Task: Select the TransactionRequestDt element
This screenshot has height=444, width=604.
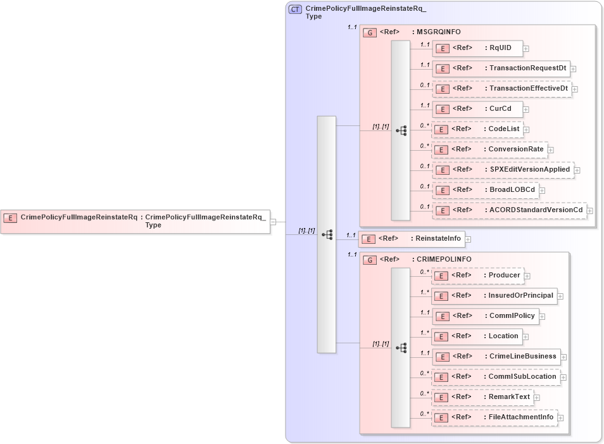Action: pos(501,68)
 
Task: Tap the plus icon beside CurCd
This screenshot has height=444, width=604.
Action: pos(526,110)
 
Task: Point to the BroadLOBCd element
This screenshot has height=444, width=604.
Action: pos(484,190)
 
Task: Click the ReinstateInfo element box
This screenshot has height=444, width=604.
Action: pos(412,239)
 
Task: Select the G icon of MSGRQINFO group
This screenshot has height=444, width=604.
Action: pos(370,32)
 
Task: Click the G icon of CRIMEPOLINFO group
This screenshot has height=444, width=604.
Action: pos(370,260)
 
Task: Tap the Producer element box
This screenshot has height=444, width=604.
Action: pos(477,276)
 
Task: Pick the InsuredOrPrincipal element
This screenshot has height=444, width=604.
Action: pos(494,296)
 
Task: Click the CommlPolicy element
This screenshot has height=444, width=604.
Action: pos(485,316)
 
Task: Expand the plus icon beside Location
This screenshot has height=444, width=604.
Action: pos(525,337)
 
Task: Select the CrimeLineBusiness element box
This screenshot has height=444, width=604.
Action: pos(496,357)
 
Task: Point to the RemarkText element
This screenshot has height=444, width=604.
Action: pos(482,397)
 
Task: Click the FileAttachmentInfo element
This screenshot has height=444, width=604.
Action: pos(494,417)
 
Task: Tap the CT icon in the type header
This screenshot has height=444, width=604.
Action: pos(295,10)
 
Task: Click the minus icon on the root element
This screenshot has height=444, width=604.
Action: pos(273,222)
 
